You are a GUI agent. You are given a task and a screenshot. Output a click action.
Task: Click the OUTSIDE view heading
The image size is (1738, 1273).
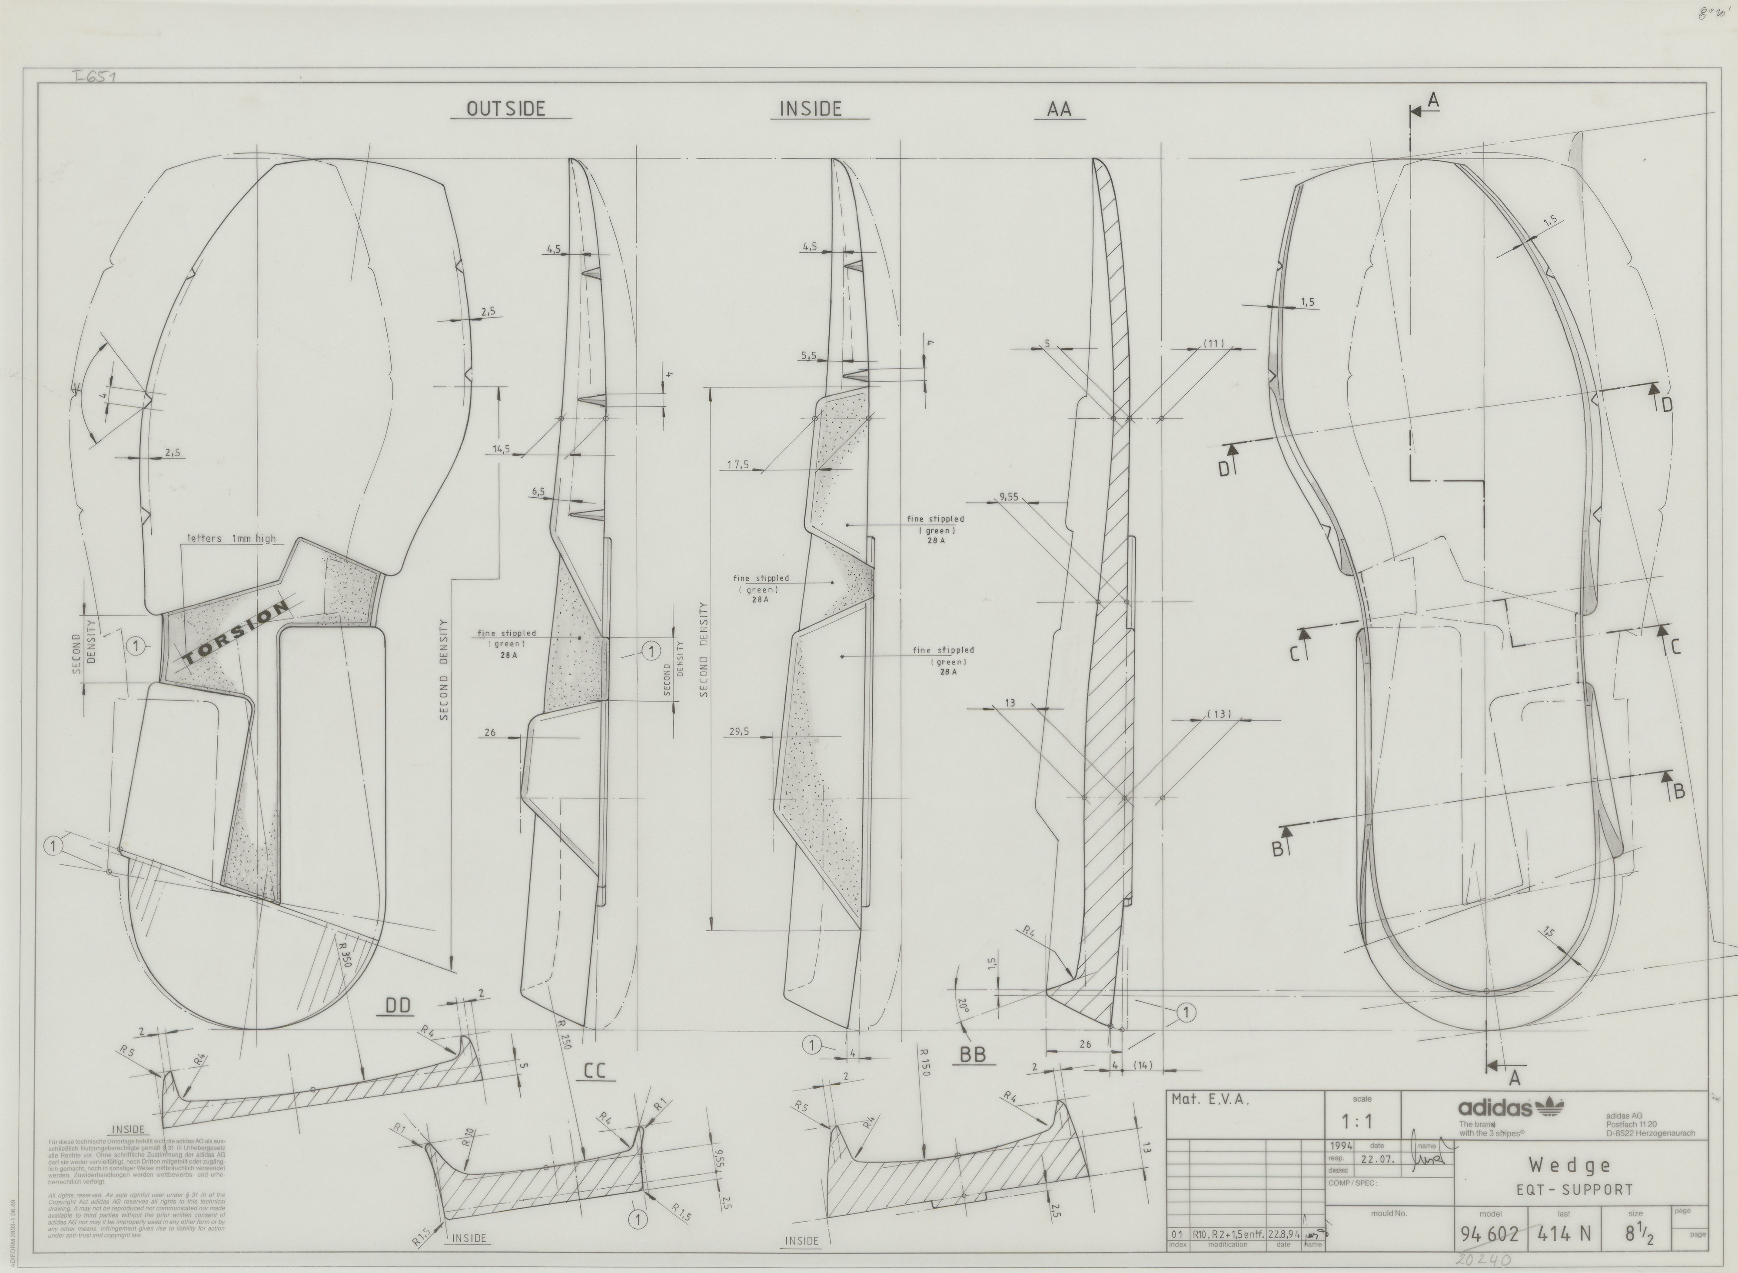coord(506,109)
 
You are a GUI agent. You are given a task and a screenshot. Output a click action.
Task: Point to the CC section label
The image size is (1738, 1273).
coord(595,1070)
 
